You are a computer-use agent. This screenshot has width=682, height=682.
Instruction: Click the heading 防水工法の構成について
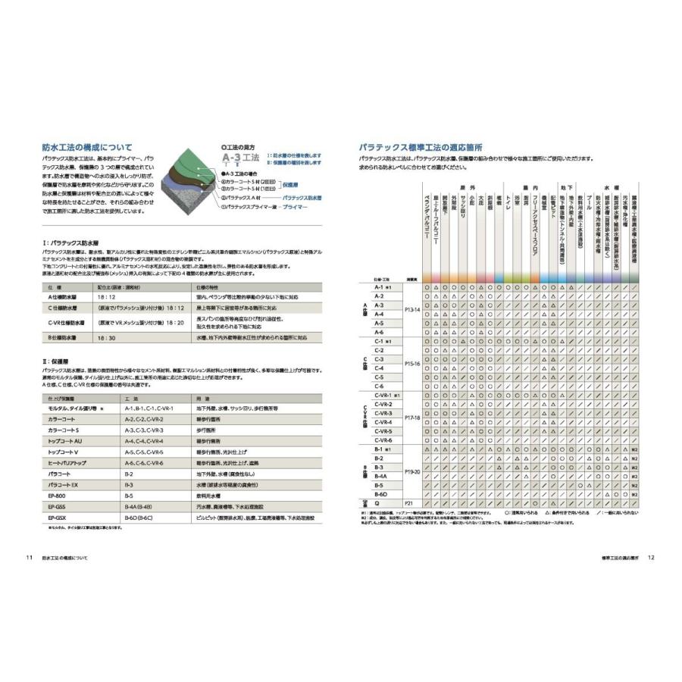coord(87,147)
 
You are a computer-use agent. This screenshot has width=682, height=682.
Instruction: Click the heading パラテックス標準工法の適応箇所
coord(427,147)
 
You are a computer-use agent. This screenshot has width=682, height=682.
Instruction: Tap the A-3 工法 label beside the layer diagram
coord(239,157)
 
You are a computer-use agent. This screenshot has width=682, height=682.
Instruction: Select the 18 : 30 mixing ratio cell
coord(106,337)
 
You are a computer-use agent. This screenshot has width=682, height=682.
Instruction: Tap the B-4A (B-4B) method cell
coord(140,506)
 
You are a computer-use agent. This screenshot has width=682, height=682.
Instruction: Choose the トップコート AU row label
coord(64,440)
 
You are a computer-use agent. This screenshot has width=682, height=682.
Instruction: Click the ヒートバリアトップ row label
coord(67,462)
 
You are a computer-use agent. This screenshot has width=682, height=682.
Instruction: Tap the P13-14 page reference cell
coord(412,310)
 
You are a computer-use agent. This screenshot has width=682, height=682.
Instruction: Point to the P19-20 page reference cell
coord(412,471)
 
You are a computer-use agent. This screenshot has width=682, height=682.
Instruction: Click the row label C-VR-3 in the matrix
coord(383,414)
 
